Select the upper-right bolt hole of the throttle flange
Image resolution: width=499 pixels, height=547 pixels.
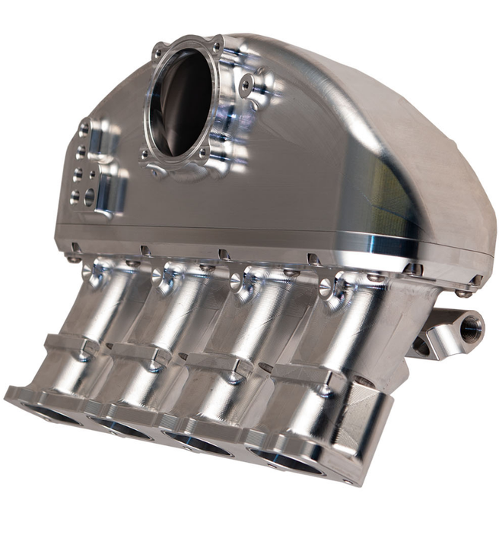(x=216, y=46)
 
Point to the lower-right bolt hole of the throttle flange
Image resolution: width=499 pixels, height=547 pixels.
(x=203, y=152)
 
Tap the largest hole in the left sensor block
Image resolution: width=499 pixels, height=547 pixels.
(x=90, y=197)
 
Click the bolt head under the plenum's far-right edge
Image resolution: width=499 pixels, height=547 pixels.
(x=462, y=293)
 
